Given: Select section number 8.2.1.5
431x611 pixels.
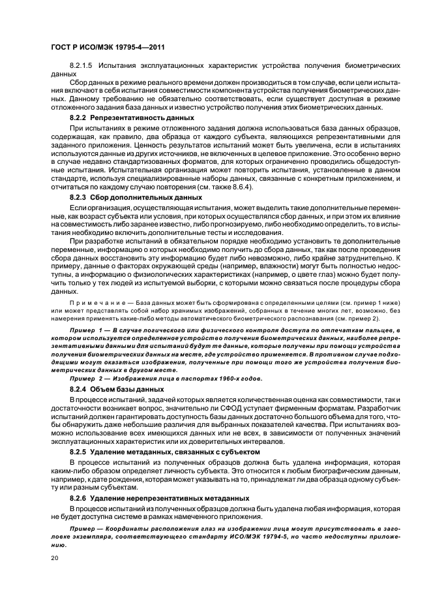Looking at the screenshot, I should [83, 67].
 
